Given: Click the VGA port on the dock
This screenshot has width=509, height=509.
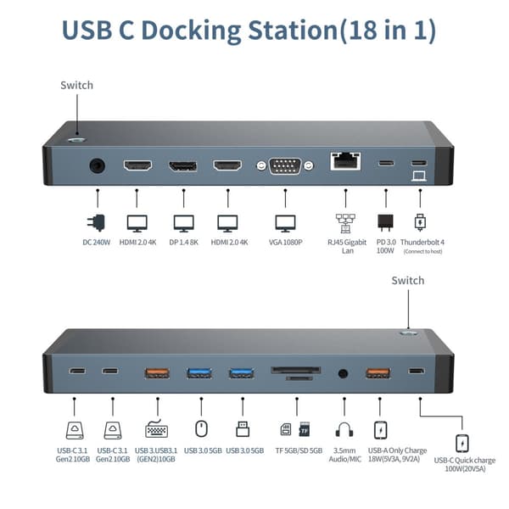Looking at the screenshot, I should coord(285,165).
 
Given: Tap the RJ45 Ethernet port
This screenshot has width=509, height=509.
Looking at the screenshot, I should coord(344,162).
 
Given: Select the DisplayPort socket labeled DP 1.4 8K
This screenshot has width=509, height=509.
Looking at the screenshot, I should coord(182,165).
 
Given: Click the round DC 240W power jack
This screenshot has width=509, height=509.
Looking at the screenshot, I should coord(98,165).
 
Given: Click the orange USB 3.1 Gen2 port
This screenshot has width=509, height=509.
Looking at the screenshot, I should coord(156,372).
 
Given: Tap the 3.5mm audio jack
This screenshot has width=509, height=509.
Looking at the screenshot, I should coord(344,372).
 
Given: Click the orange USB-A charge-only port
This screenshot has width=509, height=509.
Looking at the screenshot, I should coord(378,372).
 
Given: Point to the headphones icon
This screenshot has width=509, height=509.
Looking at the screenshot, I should coord(344,429).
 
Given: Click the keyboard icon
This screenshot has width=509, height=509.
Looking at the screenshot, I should coord(156,429).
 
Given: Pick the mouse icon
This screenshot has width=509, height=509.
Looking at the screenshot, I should coord(201,428).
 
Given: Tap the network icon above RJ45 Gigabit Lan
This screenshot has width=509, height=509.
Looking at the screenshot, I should coord(344,223).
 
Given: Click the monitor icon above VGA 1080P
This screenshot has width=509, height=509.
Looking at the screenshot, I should coord(285,223).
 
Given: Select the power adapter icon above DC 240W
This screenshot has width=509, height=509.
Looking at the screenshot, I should coord(97,223).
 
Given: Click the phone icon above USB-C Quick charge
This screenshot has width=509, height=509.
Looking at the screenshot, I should coord(462,443).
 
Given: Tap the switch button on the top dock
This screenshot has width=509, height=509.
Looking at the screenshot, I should coord(77,137).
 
